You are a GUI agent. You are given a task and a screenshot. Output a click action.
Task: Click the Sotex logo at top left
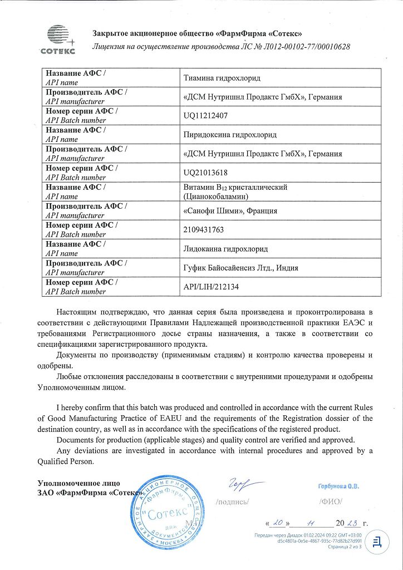point(56,40)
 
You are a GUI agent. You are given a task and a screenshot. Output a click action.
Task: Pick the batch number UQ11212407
point(205,116)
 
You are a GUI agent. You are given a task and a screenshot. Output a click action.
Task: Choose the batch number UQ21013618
point(205,173)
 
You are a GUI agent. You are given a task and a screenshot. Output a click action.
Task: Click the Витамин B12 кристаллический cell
point(235,188)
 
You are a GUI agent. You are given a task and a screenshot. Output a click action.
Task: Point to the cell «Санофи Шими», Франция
point(230,211)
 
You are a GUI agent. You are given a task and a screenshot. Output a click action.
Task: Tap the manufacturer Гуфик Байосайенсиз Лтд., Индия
point(240,268)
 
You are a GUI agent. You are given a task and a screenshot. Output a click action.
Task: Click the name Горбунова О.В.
point(338,487)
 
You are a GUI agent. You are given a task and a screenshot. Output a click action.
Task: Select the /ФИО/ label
point(331,502)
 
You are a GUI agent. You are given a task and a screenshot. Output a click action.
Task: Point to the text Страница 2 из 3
point(345,547)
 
